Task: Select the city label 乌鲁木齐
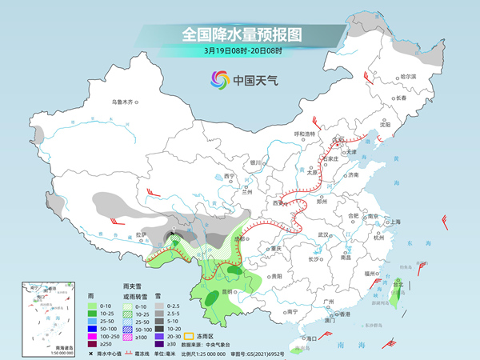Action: tap(125, 102)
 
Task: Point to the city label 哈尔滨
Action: tap(408, 76)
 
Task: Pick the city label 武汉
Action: tap(323, 234)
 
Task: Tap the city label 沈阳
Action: tap(386, 125)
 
